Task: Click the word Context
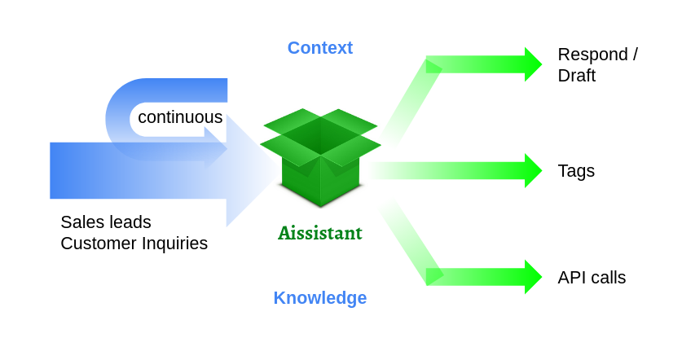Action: [319, 48]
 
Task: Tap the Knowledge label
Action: [319, 298]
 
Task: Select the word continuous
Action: [180, 117]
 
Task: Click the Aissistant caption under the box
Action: [319, 234]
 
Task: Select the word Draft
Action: [576, 76]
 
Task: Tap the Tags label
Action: [576, 171]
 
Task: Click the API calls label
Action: [592, 278]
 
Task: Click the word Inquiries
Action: [174, 244]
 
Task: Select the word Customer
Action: [97, 244]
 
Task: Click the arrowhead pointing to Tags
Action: [532, 171]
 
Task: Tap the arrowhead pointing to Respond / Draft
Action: [532, 64]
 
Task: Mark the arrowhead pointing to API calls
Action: [532, 277]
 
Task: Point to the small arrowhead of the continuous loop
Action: [216, 147]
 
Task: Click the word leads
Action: [129, 222]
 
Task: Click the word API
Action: [572, 278]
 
